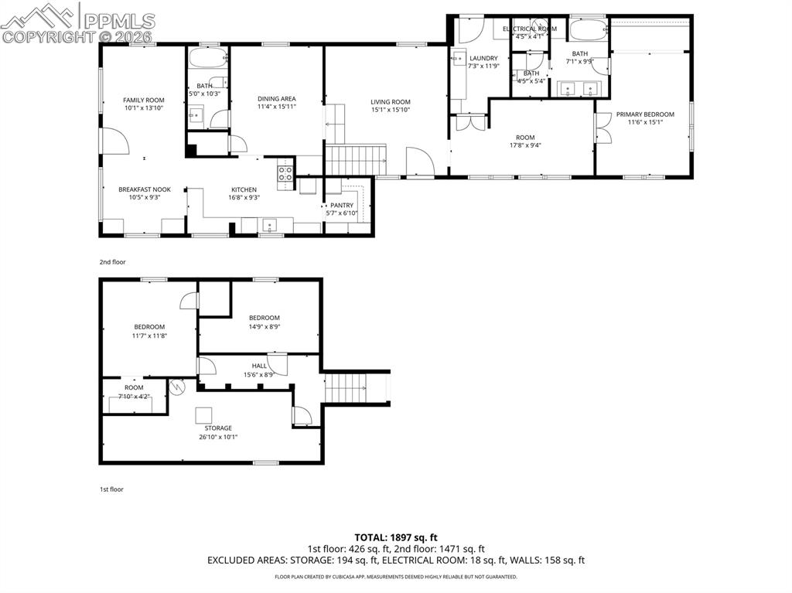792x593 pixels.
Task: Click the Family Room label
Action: click(x=144, y=100)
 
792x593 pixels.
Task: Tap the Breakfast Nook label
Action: click(x=144, y=189)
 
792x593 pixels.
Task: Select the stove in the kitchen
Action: click(x=285, y=173)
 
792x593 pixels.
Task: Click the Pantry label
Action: click(x=342, y=205)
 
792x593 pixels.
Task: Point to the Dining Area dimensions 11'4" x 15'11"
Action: click(x=277, y=107)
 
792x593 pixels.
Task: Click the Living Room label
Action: click(x=390, y=101)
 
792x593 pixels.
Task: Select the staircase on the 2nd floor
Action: click(x=355, y=161)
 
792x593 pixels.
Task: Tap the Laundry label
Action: click(x=483, y=58)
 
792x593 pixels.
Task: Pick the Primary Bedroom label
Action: click(x=645, y=114)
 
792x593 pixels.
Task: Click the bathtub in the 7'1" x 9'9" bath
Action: click(x=589, y=30)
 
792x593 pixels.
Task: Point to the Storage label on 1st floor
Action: click(x=218, y=428)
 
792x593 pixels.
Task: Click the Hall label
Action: click(x=259, y=366)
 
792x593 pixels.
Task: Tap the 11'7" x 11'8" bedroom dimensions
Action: click(x=148, y=336)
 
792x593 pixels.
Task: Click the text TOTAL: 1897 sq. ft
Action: click(x=396, y=537)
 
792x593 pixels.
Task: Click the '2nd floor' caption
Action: click(x=113, y=262)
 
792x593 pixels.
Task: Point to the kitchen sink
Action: click(x=269, y=225)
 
